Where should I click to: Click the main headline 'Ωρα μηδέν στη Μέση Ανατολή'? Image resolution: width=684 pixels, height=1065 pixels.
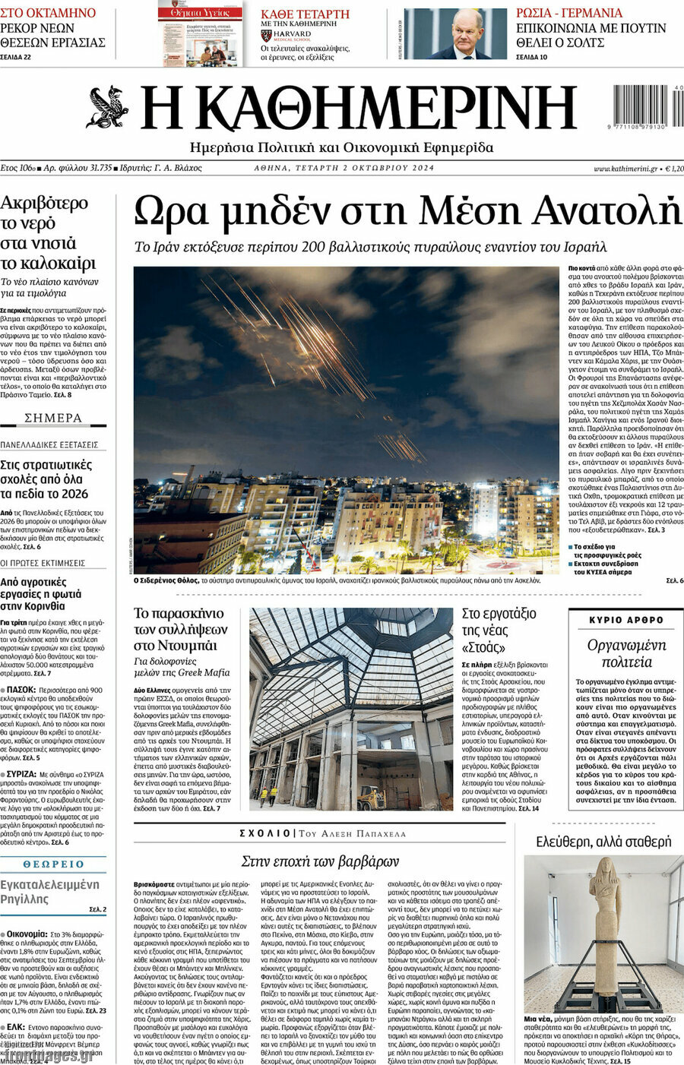[x=407, y=212]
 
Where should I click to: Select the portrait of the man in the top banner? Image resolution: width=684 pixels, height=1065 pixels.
[x=466, y=33]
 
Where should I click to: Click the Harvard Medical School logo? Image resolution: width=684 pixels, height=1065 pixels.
[x=266, y=35]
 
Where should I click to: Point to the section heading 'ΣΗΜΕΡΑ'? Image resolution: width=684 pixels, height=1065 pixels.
[x=53, y=418]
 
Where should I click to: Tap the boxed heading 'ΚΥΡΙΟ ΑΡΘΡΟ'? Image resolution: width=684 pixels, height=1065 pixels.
[x=626, y=620]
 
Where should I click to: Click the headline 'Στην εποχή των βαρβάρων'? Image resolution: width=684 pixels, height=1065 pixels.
[x=320, y=861]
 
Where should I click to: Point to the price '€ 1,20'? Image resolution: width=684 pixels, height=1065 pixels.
[x=674, y=168]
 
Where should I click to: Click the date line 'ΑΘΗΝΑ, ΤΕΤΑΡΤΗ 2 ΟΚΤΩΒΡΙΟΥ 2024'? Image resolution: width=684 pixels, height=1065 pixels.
[x=344, y=168]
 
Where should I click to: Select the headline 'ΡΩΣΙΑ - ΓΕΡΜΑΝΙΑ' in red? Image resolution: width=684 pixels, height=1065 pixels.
[x=568, y=13]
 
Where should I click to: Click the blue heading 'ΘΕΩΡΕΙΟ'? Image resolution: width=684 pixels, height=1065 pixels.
[x=53, y=864]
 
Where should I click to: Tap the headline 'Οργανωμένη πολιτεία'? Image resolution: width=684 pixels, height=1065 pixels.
[x=626, y=653]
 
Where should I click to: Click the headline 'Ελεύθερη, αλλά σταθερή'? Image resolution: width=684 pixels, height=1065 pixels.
[x=603, y=842]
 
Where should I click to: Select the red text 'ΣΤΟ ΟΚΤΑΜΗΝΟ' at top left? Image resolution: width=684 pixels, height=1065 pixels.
[x=48, y=13]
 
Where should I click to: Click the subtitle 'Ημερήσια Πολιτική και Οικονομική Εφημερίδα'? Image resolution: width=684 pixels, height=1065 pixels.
[x=341, y=147]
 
